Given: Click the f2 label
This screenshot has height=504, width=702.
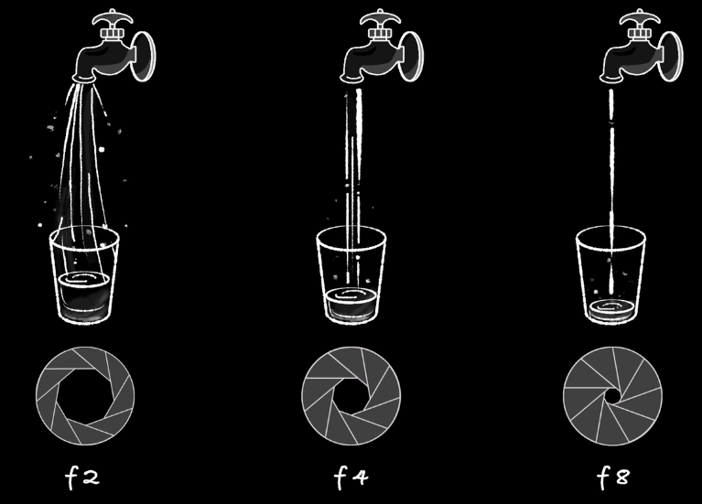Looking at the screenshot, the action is click(82, 477).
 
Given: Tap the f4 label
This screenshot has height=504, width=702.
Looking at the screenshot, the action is click(351, 477).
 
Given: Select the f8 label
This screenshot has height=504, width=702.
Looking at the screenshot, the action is click(613, 477).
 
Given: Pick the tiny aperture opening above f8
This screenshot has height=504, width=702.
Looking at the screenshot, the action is click(612, 396).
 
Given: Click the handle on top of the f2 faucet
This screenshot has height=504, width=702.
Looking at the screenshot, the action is click(113, 18).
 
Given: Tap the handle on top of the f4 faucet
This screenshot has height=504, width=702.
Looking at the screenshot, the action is click(380, 18).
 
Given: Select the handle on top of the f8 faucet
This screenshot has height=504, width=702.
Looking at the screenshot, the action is click(639, 18).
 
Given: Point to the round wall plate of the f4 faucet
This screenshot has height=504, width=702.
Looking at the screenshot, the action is click(412, 57).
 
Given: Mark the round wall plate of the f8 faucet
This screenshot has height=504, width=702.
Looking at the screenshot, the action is click(671, 57).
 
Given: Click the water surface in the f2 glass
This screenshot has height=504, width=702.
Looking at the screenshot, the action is click(83, 280).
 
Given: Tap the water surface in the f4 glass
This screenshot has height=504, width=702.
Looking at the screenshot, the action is click(351, 295).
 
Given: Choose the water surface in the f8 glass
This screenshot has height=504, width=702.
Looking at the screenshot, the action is click(610, 307).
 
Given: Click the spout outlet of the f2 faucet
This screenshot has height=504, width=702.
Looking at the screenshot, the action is click(84, 80).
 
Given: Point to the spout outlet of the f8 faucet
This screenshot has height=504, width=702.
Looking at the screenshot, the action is click(611, 80).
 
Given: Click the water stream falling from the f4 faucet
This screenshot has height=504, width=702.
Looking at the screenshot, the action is click(353, 188).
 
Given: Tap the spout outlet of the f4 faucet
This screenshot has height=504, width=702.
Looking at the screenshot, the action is click(351, 80).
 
